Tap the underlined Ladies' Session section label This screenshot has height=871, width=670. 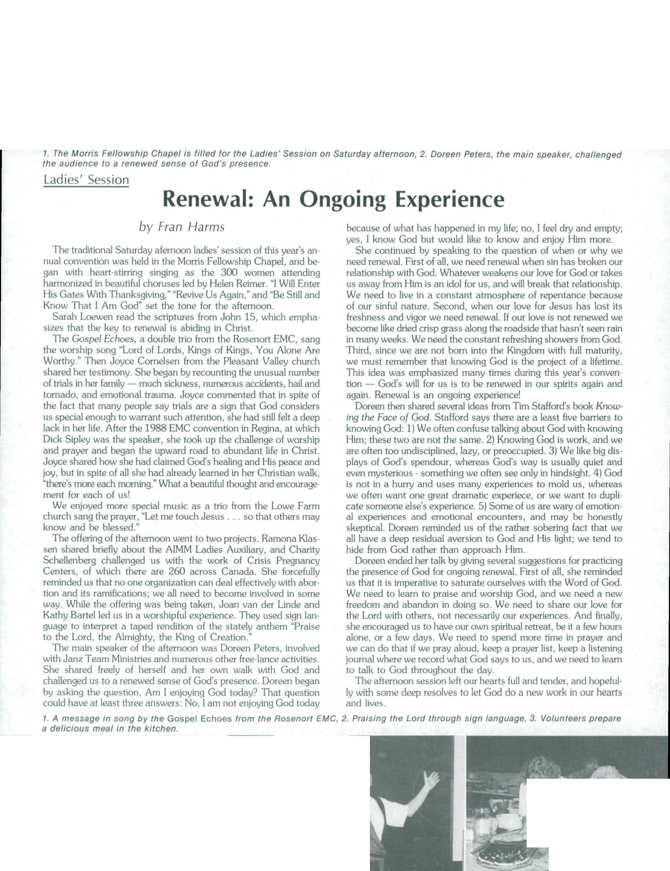click(x=86, y=180)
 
